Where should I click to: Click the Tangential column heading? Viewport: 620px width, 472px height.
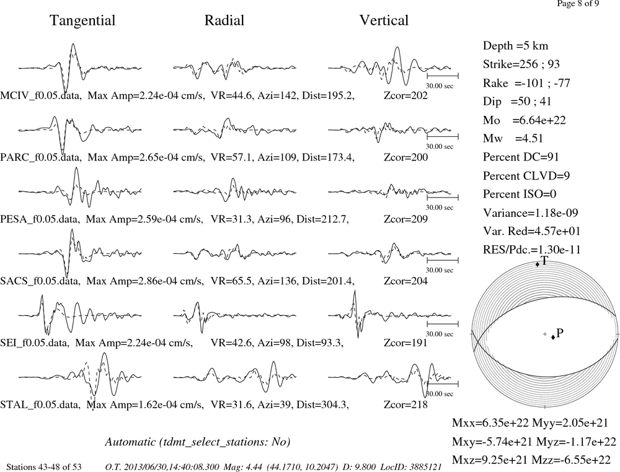coord(82,20)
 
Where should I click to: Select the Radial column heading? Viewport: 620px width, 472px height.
coord(224,20)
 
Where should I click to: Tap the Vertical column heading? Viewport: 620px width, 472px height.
coord(384,20)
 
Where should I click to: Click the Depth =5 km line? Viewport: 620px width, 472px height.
coord(515,46)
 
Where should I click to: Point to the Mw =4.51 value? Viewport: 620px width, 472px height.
coord(513,138)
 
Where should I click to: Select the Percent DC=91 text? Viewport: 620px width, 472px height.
coord(521,157)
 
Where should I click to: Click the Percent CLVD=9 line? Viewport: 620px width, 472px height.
coord(526,175)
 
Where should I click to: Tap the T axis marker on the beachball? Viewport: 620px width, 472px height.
coord(537,264)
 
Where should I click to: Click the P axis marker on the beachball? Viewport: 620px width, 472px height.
coord(553,337)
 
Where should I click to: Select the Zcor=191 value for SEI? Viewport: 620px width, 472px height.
coord(405,343)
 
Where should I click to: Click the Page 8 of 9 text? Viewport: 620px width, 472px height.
coord(578,4)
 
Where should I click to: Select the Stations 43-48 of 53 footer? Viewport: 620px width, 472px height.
coord(44,467)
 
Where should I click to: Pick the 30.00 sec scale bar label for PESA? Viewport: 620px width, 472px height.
coord(440,208)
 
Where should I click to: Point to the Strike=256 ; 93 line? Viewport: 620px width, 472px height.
coord(521,64)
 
